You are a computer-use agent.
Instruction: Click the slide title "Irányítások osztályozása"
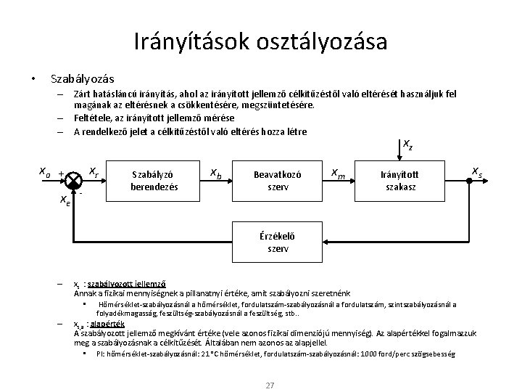point(260,41)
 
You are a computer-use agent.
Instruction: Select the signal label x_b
point(215,173)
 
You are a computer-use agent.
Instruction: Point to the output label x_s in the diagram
point(477,171)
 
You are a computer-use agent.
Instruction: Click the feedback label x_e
point(65,200)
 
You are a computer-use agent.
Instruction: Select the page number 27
point(270,385)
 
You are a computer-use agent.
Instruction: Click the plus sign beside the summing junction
point(61,174)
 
